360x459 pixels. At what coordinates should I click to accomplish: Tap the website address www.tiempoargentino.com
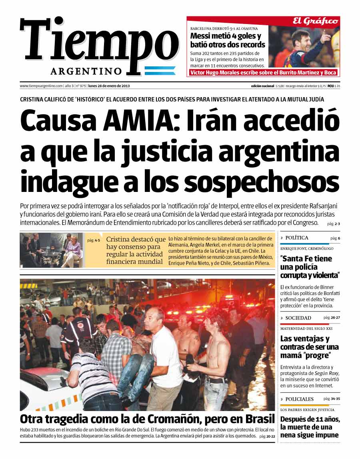(x=41, y=86)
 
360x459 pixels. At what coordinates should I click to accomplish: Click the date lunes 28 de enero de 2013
(x=109, y=86)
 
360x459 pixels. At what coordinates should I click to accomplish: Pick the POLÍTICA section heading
(x=297, y=238)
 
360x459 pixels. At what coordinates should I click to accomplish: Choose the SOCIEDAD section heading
(x=298, y=318)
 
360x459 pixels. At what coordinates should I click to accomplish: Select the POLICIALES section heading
(x=300, y=399)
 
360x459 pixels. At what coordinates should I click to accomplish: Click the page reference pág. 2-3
(x=333, y=224)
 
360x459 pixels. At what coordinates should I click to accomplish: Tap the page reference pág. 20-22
(x=267, y=436)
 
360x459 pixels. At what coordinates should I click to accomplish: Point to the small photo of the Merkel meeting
(x=51, y=250)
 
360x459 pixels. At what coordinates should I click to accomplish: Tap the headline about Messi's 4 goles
(x=227, y=40)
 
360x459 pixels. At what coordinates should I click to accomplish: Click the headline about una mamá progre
(x=309, y=347)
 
